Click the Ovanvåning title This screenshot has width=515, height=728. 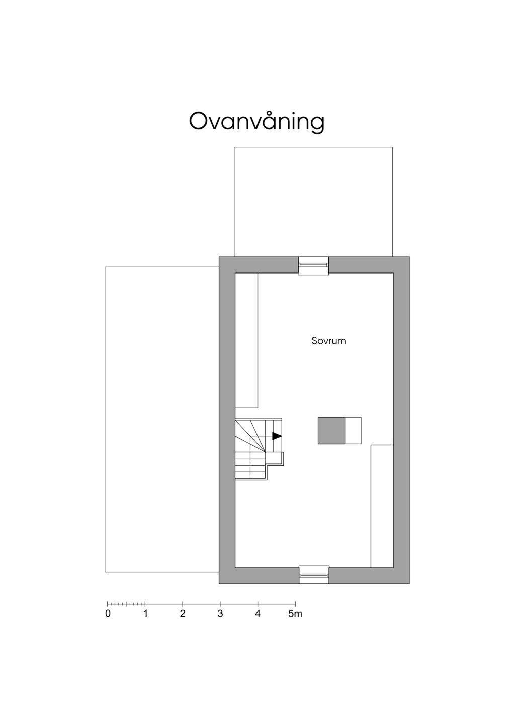(256, 121)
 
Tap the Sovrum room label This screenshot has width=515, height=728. (328, 341)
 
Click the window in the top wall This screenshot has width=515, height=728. (313, 265)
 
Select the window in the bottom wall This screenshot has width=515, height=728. (314, 574)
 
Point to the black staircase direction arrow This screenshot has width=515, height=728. (277, 436)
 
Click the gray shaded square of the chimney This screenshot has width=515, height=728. (331, 431)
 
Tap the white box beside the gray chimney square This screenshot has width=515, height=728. (353, 431)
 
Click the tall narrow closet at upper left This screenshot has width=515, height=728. (246, 340)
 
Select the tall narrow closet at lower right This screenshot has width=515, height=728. (382, 506)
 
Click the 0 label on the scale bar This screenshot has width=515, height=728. (108, 614)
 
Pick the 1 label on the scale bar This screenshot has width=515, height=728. (145, 614)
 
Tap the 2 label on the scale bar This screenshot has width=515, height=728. (183, 614)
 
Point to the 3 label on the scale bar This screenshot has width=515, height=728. (220, 614)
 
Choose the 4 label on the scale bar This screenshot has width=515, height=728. (257, 614)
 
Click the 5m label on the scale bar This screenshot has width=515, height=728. (295, 614)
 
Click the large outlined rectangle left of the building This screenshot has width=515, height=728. (162, 419)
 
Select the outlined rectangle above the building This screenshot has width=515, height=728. (313, 202)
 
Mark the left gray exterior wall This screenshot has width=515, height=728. (227, 420)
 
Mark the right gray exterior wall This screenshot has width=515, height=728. (401, 420)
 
